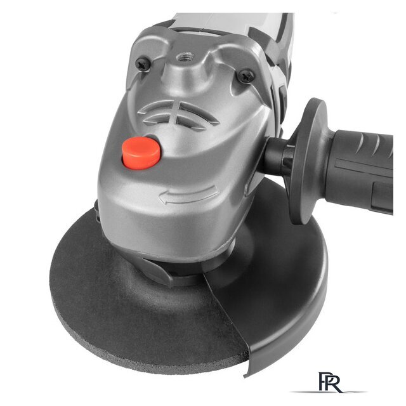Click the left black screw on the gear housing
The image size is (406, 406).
point(143,63)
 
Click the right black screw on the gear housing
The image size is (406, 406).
point(246,76)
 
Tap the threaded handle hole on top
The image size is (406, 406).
point(185,56)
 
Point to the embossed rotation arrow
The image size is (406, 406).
point(188,195)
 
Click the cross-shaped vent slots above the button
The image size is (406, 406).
point(178,115)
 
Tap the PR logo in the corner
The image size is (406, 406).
point(329,383)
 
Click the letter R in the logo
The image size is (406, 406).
point(334,383)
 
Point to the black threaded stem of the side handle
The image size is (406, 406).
point(278,157)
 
